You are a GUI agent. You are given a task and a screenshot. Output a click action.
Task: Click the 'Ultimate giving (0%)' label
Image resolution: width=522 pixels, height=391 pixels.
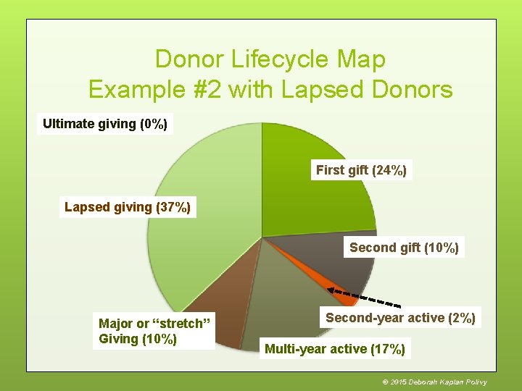[105, 124]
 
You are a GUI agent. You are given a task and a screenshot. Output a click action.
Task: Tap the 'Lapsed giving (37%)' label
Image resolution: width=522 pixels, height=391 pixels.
[128, 208]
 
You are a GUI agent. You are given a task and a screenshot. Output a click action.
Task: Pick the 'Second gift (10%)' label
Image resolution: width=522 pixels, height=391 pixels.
[404, 248]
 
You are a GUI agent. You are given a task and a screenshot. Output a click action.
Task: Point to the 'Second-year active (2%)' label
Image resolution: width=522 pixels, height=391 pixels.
[400, 318]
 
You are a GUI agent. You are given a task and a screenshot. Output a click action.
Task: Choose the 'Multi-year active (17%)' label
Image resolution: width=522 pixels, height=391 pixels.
[335, 349]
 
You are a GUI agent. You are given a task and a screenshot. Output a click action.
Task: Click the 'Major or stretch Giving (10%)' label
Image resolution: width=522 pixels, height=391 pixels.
[154, 331]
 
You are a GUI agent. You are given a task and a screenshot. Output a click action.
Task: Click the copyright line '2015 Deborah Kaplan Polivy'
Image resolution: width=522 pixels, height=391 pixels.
[434, 382]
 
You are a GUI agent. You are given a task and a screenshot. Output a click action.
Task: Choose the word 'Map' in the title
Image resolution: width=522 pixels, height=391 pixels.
[359, 59]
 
